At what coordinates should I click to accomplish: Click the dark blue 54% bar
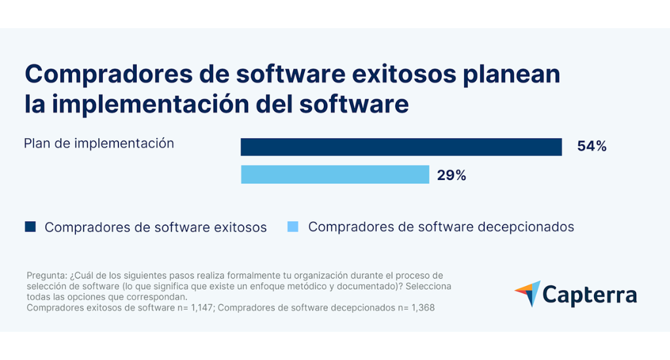point(401,147)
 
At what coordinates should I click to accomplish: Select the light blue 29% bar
point(335,175)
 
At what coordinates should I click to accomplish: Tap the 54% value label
point(591,147)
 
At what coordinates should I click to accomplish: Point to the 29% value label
point(451,175)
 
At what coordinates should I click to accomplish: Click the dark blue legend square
point(30,227)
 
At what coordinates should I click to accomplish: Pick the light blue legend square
point(293,227)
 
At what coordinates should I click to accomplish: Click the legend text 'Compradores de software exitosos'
point(156,228)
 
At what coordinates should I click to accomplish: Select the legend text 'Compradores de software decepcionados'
point(441,227)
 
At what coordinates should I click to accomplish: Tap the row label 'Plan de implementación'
point(99,143)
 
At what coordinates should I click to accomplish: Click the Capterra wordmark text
point(590,295)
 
